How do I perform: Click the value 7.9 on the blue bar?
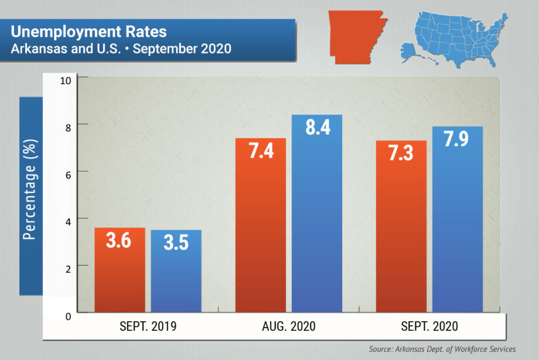(x=457, y=140)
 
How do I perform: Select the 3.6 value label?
(x=120, y=241)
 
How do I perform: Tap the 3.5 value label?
(x=176, y=242)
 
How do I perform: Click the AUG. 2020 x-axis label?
(x=289, y=327)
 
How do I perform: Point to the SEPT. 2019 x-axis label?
(x=148, y=327)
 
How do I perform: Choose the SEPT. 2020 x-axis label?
(x=429, y=327)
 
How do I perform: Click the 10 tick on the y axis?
(x=66, y=80)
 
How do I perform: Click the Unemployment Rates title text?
(x=88, y=31)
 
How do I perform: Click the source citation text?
(x=442, y=349)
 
